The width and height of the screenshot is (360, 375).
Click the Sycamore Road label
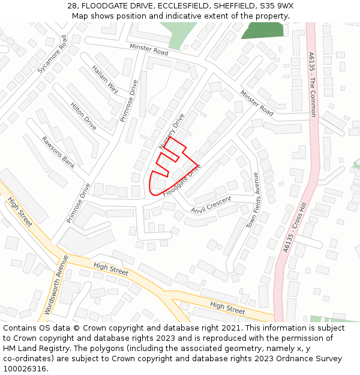click(52, 54)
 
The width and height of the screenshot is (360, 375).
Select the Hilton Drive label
click(83, 116)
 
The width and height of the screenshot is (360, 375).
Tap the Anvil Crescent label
click(211, 205)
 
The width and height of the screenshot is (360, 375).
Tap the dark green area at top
click(262, 30)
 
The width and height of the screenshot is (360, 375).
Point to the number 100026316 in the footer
click(25, 369)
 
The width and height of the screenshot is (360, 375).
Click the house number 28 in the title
click(73, 5)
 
